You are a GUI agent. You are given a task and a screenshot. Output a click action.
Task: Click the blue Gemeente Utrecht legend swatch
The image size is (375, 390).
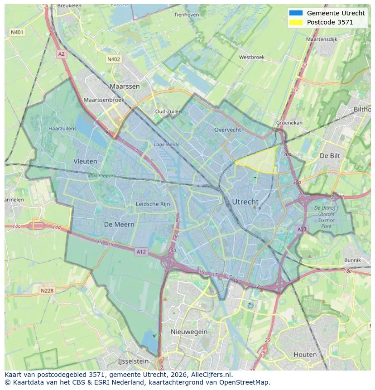click(x=296, y=13)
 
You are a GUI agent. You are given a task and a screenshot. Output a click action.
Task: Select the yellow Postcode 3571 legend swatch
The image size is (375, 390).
click(x=296, y=22)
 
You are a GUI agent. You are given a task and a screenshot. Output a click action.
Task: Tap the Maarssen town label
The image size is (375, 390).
click(x=125, y=86)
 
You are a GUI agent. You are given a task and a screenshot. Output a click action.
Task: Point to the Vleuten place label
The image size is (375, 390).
click(x=85, y=161)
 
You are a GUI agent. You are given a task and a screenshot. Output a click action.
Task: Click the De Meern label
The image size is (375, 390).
click(x=119, y=225)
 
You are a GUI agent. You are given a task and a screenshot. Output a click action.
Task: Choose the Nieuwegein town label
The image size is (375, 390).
click(x=189, y=332)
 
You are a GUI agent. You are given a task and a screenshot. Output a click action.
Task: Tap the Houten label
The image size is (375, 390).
click(x=305, y=354)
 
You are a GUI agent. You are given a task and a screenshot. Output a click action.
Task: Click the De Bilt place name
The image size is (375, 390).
click(x=330, y=155)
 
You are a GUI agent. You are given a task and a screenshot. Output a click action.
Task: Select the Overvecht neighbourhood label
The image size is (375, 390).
click(x=227, y=130)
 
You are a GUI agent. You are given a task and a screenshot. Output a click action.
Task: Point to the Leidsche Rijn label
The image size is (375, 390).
click(x=153, y=204)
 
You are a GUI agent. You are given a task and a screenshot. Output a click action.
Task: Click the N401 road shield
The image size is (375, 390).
click(x=17, y=32)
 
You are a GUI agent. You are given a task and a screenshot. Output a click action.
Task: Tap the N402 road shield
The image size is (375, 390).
click(x=114, y=59)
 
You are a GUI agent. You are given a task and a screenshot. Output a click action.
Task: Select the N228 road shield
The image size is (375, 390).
click(x=47, y=291)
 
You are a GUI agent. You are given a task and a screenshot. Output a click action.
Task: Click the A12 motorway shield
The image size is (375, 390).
click(x=141, y=252)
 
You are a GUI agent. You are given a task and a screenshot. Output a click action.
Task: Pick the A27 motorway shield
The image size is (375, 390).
click(x=302, y=230)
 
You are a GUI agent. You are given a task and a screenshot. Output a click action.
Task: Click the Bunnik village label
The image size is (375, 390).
click(x=352, y=260)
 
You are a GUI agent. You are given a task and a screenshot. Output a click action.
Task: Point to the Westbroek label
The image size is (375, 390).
click(x=251, y=58)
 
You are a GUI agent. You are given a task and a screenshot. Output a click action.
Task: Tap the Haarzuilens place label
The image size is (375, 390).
click(x=62, y=129)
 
